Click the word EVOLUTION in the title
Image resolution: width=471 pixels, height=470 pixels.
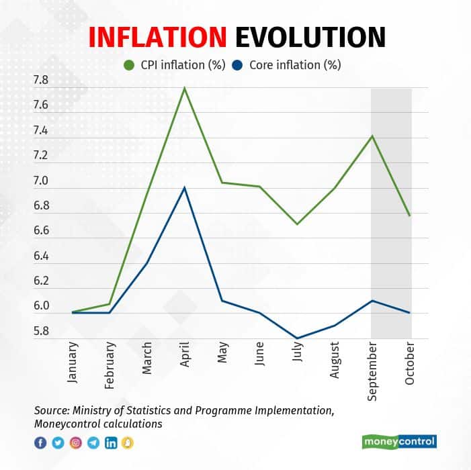[x=310, y=38]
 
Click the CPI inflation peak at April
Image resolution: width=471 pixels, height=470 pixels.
[x=184, y=88]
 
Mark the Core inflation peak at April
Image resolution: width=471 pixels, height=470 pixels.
[x=184, y=187]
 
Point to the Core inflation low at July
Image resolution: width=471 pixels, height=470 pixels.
[x=297, y=338]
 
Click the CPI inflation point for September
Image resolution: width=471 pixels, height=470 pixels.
[x=372, y=136]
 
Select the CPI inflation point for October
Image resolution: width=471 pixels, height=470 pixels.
[x=409, y=215]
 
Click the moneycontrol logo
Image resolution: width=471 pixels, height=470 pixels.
[x=398, y=442]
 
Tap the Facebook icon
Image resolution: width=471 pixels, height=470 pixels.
[x=40, y=442]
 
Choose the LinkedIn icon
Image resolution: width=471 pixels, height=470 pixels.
[x=110, y=442]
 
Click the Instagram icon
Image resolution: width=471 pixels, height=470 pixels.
[x=75, y=442]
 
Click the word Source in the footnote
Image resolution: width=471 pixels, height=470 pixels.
[x=51, y=410]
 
